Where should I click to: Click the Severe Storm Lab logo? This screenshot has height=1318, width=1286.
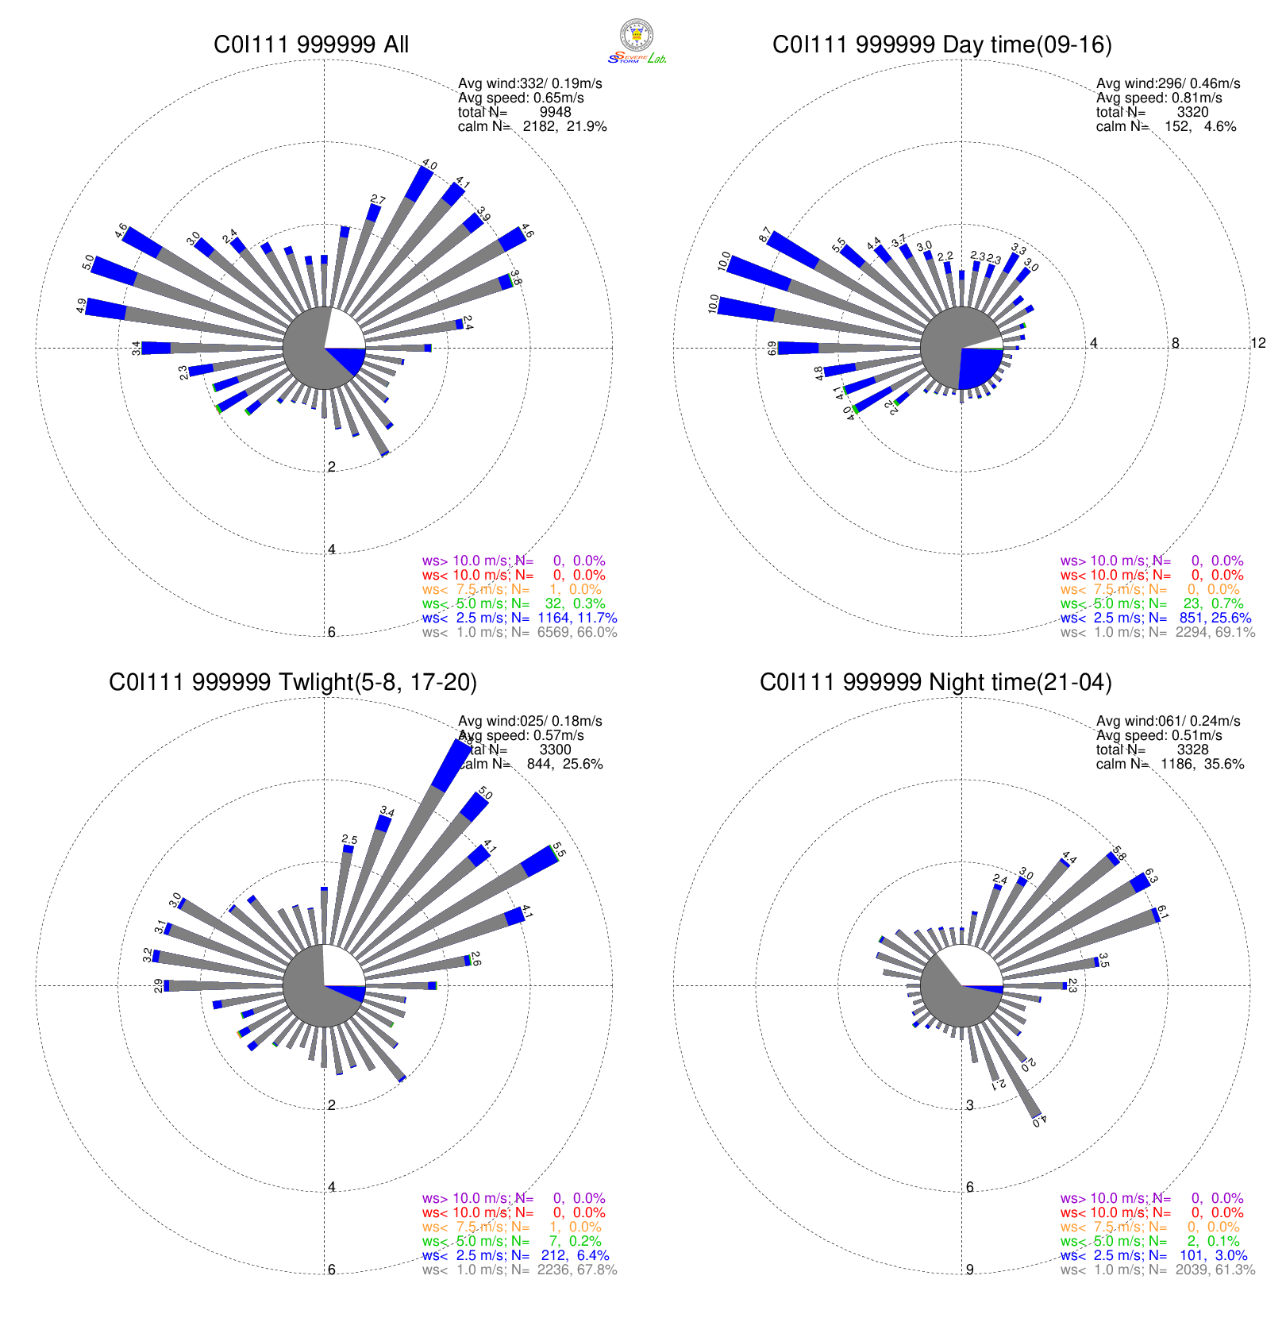point(637,40)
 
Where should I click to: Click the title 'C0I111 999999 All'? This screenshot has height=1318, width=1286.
point(311,44)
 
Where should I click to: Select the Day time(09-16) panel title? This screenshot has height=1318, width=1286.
point(941,44)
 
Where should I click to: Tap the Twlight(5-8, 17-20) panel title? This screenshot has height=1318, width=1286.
point(293,682)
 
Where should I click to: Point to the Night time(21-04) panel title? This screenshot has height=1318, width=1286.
point(935,682)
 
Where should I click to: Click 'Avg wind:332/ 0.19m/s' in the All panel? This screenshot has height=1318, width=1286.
point(529,83)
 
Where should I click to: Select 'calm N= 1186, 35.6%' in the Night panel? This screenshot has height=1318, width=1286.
point(1169,764)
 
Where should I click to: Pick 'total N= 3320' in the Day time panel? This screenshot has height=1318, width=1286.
point(1153,112)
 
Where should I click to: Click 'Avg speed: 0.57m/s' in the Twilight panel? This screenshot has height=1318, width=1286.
point(521,735)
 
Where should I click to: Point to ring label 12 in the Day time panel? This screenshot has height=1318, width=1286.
point(1257,343)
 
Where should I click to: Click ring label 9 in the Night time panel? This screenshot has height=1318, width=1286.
point(969,1270)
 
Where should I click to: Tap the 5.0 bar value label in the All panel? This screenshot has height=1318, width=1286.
point(88,262)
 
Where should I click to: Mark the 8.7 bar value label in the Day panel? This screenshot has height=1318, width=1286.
point(764,235)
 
